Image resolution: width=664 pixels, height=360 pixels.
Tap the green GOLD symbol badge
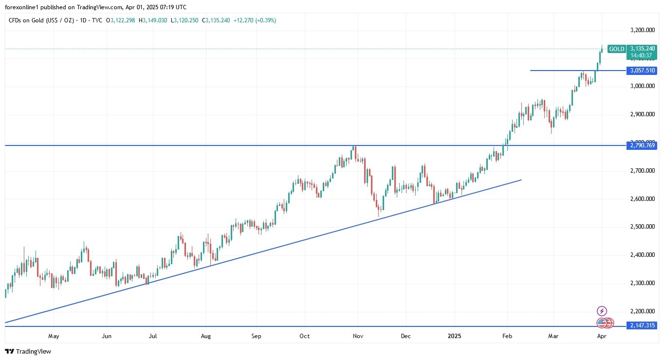point(617,49)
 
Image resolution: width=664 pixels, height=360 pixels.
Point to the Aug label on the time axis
point(206,336)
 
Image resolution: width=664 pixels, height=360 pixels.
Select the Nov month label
point(358,336)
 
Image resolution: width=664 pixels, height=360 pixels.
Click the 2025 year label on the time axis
point(455,336)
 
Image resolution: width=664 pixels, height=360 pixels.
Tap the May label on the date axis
point(54,336)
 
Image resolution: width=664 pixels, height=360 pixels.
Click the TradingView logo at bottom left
point(28,351)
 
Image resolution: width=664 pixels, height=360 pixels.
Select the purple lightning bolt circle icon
point(602,311)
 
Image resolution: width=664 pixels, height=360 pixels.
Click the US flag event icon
point(602,323)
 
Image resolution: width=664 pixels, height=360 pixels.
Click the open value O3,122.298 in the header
point(122,20)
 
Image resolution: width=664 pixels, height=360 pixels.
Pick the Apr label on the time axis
point(601,336)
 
